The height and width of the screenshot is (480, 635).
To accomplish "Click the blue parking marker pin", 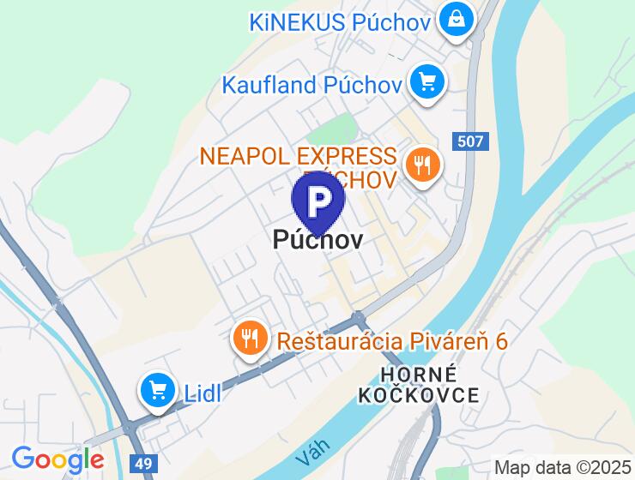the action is tap(318, 202).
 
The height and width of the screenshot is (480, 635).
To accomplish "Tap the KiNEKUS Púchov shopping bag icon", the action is tap(455, 20).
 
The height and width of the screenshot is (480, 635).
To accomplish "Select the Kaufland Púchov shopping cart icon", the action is tap(426, 83).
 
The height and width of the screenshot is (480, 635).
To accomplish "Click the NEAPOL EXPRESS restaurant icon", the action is tap(421, 165).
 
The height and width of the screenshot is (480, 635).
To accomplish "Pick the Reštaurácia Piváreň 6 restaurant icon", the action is tap(250, 339).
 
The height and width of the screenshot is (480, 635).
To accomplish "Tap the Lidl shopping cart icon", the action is tap(157, 392).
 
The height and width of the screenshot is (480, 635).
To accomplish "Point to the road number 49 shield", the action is tap(142, 462).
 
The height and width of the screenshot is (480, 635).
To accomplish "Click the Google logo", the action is tap(57, 459).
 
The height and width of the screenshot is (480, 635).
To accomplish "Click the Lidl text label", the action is tap(203, 393).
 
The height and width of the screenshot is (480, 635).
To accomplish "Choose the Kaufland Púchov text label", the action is tap(312, 84).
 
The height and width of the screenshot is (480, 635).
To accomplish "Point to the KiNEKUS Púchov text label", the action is tap(340, 21).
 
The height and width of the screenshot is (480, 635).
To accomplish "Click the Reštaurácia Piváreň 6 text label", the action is tap(392, 340).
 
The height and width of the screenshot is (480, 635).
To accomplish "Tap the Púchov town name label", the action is tap(317, 240).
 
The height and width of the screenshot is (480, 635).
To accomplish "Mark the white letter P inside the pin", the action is tap(318, 201).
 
